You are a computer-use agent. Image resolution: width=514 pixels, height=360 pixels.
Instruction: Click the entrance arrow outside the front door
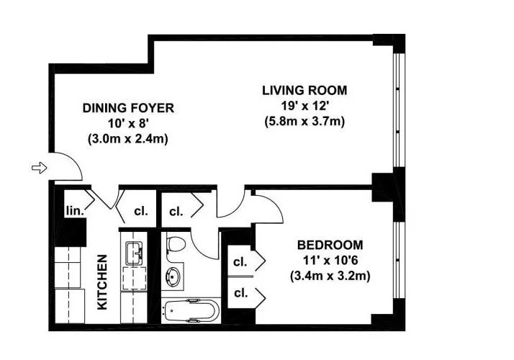coord(39,168)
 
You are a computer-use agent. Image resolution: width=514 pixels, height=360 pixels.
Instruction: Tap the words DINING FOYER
coord(128,108)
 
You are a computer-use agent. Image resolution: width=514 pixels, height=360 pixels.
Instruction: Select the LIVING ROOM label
coord(304,91)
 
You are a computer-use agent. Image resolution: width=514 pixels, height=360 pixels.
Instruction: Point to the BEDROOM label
coord(328,244)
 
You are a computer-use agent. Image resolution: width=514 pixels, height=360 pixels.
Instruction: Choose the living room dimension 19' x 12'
coord(304,106)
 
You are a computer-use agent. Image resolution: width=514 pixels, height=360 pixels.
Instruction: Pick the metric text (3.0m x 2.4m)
coord(128,139)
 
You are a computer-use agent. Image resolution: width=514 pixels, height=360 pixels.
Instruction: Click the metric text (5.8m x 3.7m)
coord(304,122)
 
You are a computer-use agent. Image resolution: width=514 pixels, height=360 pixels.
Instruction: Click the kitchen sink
coord(135,252)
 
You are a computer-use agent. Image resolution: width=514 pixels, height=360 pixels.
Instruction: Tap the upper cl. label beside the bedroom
coord(240,261)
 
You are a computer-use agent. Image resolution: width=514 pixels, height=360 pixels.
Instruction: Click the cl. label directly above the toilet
coord(176,212)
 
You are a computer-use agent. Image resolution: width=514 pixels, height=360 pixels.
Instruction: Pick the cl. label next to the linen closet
coord(141,212)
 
